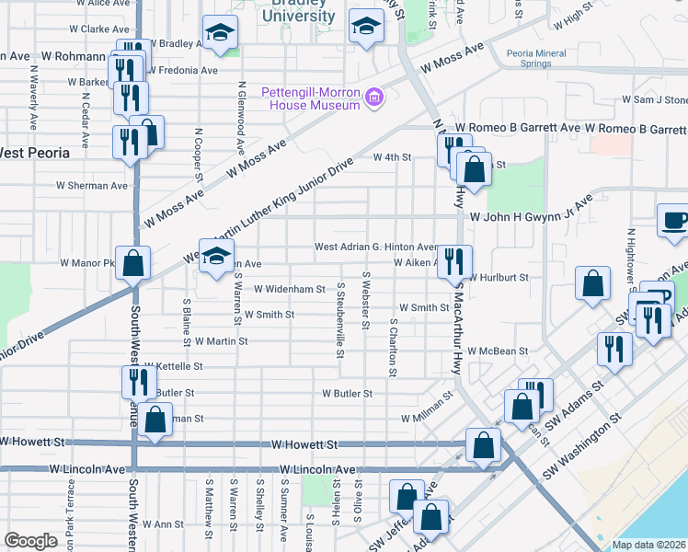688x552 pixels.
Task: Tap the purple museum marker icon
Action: [373, 98]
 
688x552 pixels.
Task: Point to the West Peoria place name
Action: [36, 152]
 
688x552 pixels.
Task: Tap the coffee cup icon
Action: [675, 221]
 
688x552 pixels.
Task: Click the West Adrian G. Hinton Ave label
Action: [375, 247]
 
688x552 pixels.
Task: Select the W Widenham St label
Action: [290, 289]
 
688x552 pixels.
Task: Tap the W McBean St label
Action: [497, 351]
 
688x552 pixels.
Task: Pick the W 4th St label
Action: [391, 157]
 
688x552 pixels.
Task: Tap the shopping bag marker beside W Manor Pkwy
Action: [133, 262]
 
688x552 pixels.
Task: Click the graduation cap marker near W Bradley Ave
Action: [220, 32]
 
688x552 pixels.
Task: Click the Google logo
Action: [30, 541]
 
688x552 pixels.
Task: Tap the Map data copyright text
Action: [648, 545]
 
